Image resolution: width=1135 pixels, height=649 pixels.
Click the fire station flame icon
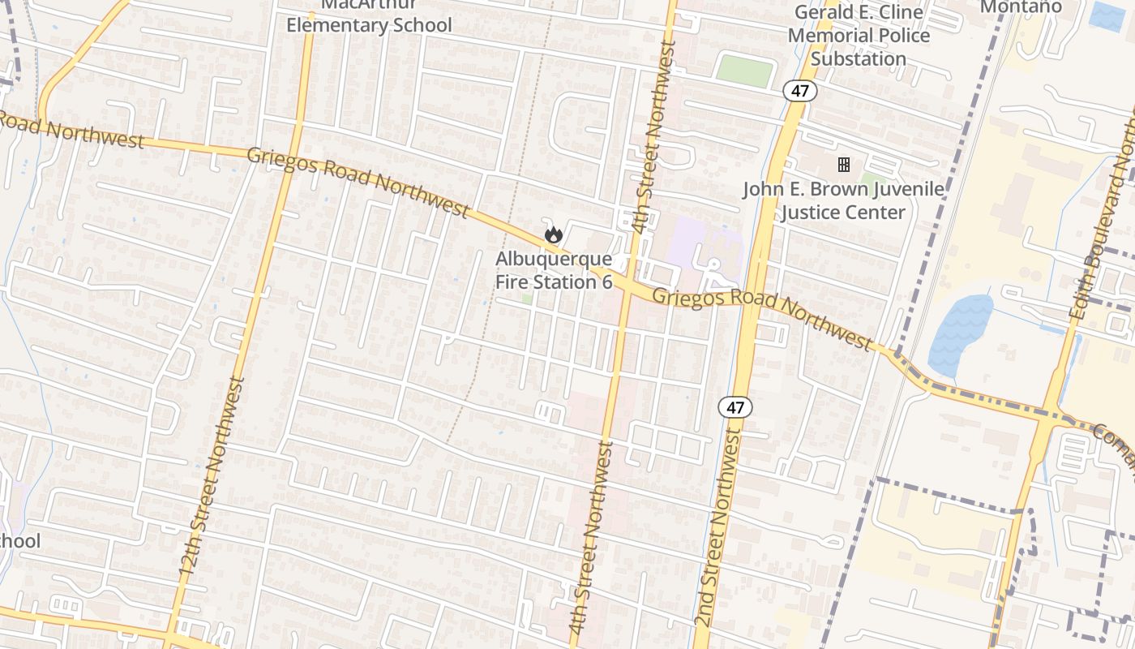tap(554, 235)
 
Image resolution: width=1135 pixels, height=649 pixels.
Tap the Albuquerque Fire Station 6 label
tap(554, 271)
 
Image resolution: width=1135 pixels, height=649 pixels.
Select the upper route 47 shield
tap(799, 91)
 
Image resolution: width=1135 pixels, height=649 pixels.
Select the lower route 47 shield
tap(735, 407)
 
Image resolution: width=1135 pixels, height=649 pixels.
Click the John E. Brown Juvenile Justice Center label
tap(843, 200)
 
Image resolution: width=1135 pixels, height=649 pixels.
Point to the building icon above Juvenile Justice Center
tap(844, 165)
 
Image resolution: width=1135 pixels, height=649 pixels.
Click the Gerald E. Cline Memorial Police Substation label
tap(859, 36)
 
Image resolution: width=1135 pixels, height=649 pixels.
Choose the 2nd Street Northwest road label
tap(720, 527)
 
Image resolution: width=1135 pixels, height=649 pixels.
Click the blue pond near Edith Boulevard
tap(960, 333)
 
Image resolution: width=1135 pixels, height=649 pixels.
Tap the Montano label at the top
tap(1021, 7)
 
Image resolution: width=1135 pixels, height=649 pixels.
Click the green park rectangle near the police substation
tap(744, 71)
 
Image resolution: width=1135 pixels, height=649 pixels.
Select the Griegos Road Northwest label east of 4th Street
tap(762, 316)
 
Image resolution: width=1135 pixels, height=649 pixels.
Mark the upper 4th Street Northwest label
tap(653, 138)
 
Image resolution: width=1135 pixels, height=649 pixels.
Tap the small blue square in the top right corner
tap(1107, 17)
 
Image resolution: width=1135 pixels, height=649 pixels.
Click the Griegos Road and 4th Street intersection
tap(628, 286)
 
